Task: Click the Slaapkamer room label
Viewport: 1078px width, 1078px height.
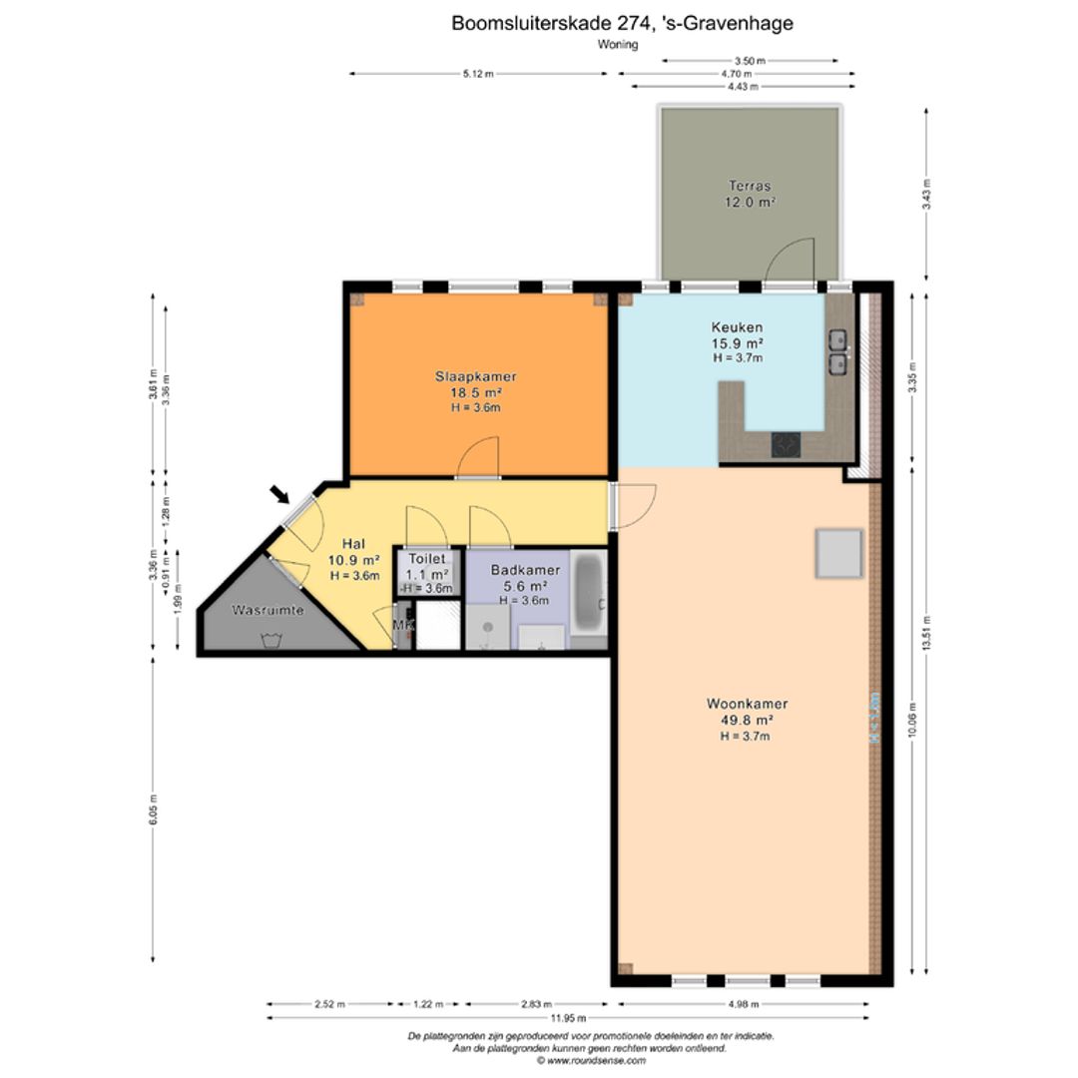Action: click(475, 376)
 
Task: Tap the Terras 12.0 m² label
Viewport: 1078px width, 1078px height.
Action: click(750, 186)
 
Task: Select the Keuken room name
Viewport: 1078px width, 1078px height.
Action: click(737, 327)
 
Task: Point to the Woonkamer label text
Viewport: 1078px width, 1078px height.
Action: click(747, 704)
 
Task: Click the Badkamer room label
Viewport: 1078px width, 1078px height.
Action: click(525, 570)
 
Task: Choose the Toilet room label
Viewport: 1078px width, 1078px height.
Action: click(427, 560)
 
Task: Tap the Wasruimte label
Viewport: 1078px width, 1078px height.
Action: click(268, 610)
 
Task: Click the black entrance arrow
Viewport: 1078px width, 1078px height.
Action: click(281, 495)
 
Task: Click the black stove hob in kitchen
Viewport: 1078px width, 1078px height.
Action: click(786, 443)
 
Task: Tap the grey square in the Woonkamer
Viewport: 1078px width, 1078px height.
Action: click(838, 554)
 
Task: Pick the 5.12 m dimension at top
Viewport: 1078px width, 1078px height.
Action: click(478, 74)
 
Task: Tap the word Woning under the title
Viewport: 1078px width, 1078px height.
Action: click(618, 45)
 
